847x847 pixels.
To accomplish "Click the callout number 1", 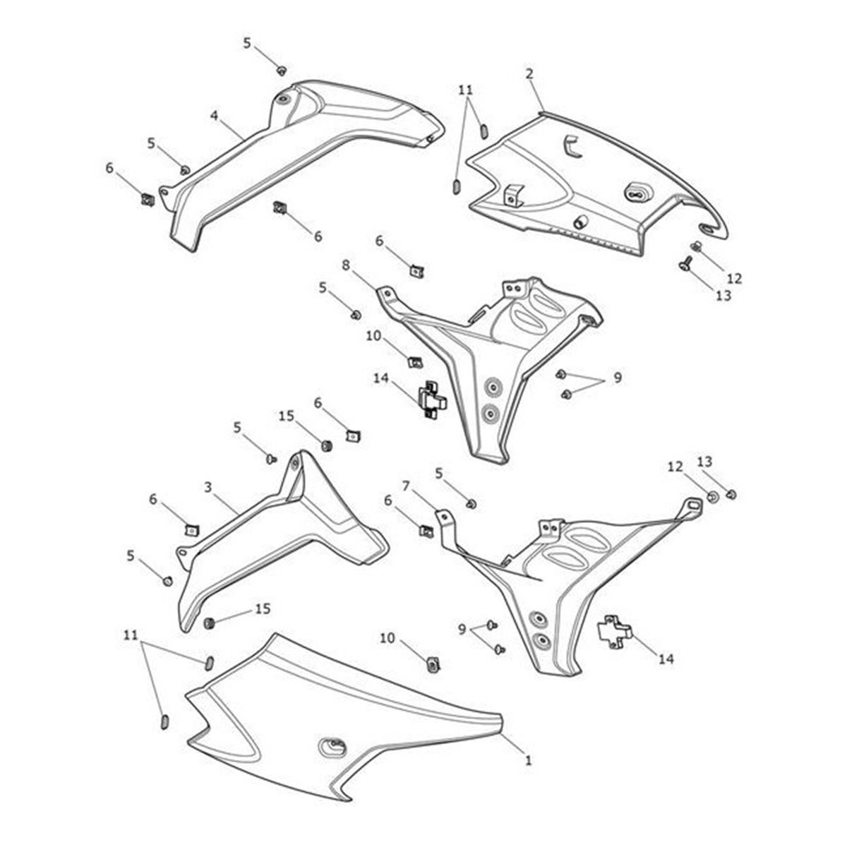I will point(528,760).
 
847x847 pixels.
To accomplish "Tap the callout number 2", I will point(529,73).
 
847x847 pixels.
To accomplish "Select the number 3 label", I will point(208,487).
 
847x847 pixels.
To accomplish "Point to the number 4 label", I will point(215,114).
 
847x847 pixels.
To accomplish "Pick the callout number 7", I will point(406,486).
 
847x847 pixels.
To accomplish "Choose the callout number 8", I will point(346,265).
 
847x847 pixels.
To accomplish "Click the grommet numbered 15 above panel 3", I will point(326,446).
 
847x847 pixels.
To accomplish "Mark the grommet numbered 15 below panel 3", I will point(209,623).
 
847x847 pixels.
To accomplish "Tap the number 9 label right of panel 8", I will point(618,378).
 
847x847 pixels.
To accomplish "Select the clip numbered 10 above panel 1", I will point(433,663).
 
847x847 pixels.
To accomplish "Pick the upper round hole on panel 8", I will point(491,387).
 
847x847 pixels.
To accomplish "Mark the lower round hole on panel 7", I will point(541,641).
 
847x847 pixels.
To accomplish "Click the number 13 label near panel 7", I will point(704,462).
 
